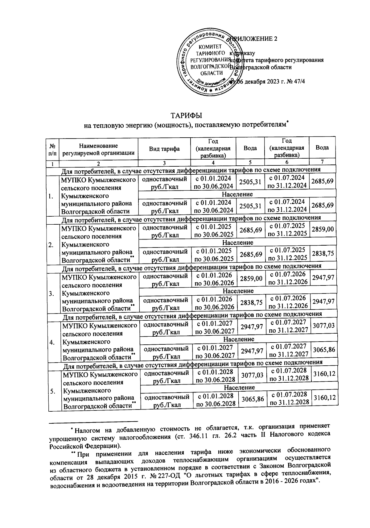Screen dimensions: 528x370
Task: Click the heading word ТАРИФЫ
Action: tap(186, 116)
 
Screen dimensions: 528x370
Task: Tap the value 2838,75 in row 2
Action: tap(322, 254)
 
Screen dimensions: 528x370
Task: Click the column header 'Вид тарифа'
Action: tap(164, 149)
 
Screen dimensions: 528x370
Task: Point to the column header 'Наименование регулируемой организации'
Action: tap(98, 149)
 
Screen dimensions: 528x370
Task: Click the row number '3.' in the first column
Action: tap(51, 293)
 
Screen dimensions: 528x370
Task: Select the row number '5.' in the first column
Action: tap(52, 391)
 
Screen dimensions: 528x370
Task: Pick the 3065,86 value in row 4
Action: tap(323, 350)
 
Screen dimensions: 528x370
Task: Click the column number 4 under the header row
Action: tap(213, 163)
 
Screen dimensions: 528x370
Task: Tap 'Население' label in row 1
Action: tap(237, 194)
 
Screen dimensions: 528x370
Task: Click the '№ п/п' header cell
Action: tap(52, 149)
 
